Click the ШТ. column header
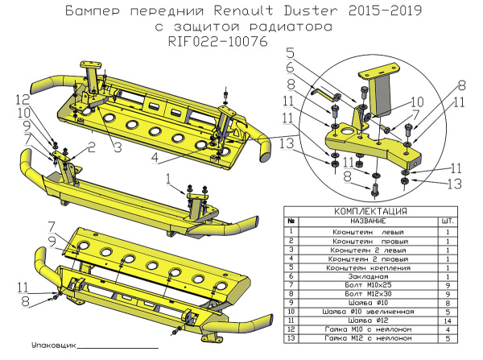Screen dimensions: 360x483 click(x=446, y=221)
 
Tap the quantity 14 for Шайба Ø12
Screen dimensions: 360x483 click(x=446, y=321)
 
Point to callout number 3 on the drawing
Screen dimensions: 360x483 click(x=117, y=147)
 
